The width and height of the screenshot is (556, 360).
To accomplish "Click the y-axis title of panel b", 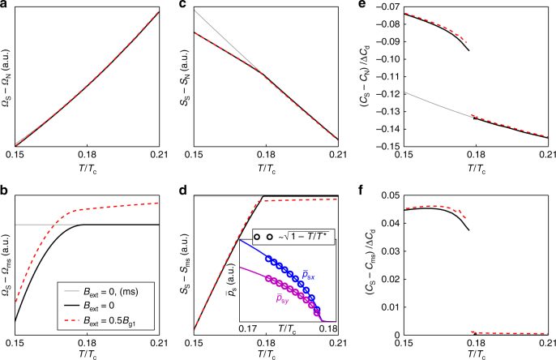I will click(x=7, y=259).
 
